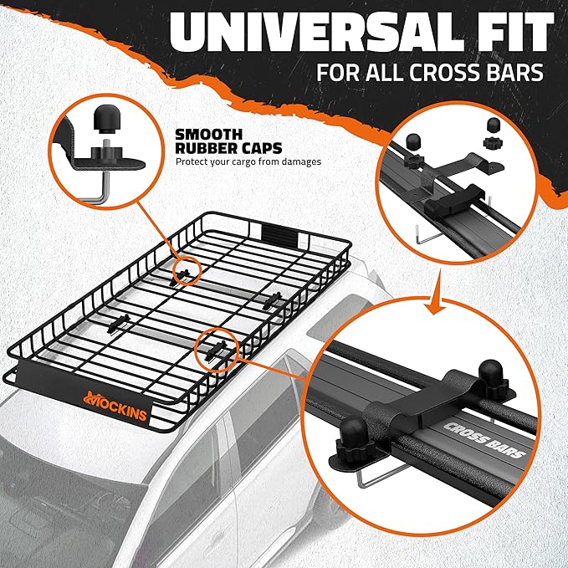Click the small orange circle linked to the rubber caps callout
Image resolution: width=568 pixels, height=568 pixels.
point(187,269)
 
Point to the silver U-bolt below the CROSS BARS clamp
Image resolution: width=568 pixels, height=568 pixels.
point(368,481)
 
